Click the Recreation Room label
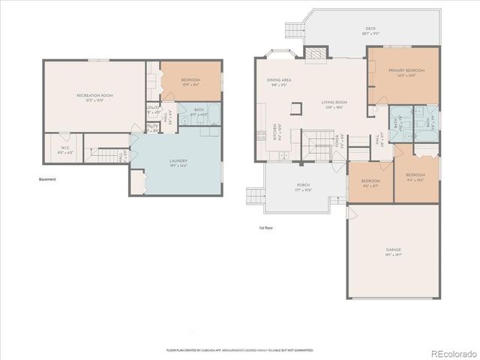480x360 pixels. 94,97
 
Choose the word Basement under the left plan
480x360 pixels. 47,179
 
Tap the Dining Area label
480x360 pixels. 279,82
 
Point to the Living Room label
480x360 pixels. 332,104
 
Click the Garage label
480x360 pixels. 393,253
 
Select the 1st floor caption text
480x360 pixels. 265,228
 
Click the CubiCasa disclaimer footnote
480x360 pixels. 239,349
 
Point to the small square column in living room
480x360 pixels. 297,109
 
